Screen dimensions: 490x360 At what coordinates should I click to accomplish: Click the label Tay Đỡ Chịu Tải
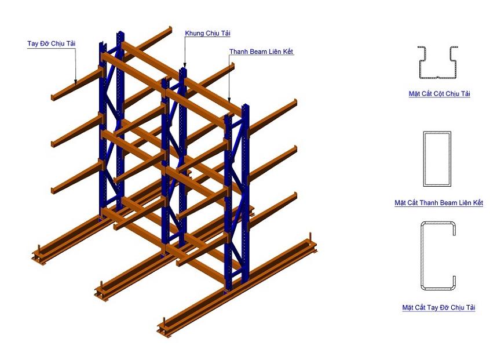[x=52, y=43]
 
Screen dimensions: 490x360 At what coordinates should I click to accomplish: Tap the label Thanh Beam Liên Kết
[x=261, y=52]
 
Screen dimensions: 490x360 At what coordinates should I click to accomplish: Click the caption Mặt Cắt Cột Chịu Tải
[x=438, y=93]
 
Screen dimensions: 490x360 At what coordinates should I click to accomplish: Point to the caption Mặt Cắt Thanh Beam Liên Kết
[x=438, y=203]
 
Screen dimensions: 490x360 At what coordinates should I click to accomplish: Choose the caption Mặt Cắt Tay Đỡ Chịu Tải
[x=438, y=308]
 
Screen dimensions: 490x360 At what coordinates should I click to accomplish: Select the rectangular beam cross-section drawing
[x=437, y=158]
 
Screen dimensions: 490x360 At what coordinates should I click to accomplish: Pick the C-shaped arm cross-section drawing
[x=437, y=255]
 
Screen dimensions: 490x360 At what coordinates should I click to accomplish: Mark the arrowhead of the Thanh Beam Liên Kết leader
[x=230, y=102]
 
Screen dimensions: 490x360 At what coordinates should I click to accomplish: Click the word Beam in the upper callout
[x=256, y=52]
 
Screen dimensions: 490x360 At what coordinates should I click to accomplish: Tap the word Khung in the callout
[x=195, y=33]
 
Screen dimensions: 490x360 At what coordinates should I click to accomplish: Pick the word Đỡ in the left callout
[x=43, y=43]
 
